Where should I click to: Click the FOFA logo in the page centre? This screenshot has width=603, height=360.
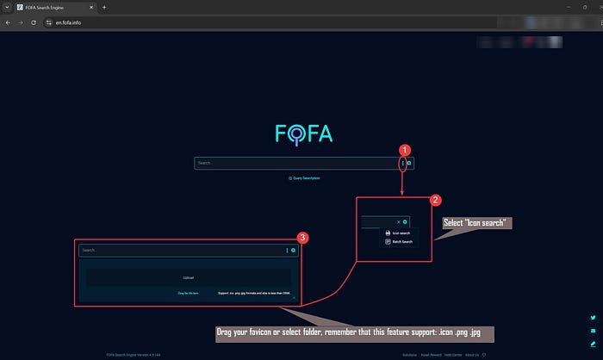(x=303, y=133)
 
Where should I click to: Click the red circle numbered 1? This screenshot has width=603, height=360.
(x=406, y=149)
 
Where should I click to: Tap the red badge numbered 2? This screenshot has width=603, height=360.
(x=436, y=200)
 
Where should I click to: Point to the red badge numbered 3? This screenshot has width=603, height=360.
(x=301, y=237)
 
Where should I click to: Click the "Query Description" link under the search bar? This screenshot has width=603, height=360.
(x=304, y=177)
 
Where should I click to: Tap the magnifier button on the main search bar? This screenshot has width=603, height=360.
(x=409, y=163)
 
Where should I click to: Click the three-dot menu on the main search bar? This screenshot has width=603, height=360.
(x=402, y=163)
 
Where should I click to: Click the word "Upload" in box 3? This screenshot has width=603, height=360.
(x=189, y=277)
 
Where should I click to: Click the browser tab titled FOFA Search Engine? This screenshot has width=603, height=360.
(x=52, y=7)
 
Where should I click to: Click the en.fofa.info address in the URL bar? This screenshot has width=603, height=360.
(x=57, y=22)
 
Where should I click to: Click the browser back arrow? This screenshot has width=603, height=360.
(x=8, y=22)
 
